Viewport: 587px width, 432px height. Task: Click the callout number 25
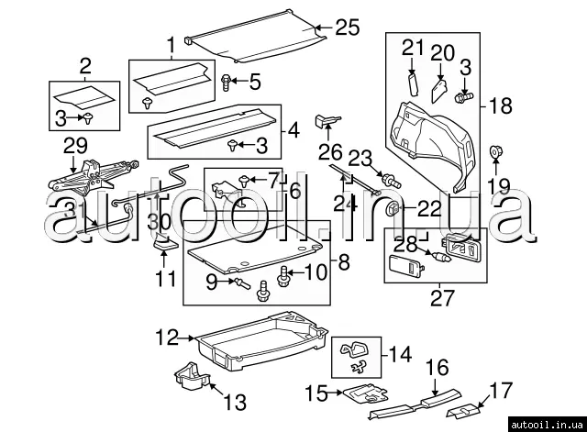347,28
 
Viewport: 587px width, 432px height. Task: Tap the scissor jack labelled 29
94,177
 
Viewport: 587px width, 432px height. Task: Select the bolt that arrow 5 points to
226,82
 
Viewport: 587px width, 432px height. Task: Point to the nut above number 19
496,152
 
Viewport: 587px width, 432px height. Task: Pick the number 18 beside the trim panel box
501,106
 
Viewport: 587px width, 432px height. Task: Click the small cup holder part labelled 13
192,376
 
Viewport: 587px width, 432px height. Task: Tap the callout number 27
442,297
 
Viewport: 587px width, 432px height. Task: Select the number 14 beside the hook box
400,355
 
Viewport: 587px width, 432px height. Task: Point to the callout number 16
437,368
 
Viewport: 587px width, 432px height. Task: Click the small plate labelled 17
463,412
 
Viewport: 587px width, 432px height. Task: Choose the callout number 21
413,49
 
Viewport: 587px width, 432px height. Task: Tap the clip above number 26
327,120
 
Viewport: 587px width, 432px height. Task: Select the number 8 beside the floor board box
344,262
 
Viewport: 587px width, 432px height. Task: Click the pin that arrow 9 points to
242,283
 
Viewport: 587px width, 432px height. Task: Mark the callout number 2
85,66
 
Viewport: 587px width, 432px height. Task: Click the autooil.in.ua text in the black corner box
547,425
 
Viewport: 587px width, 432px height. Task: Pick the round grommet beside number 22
393,208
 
